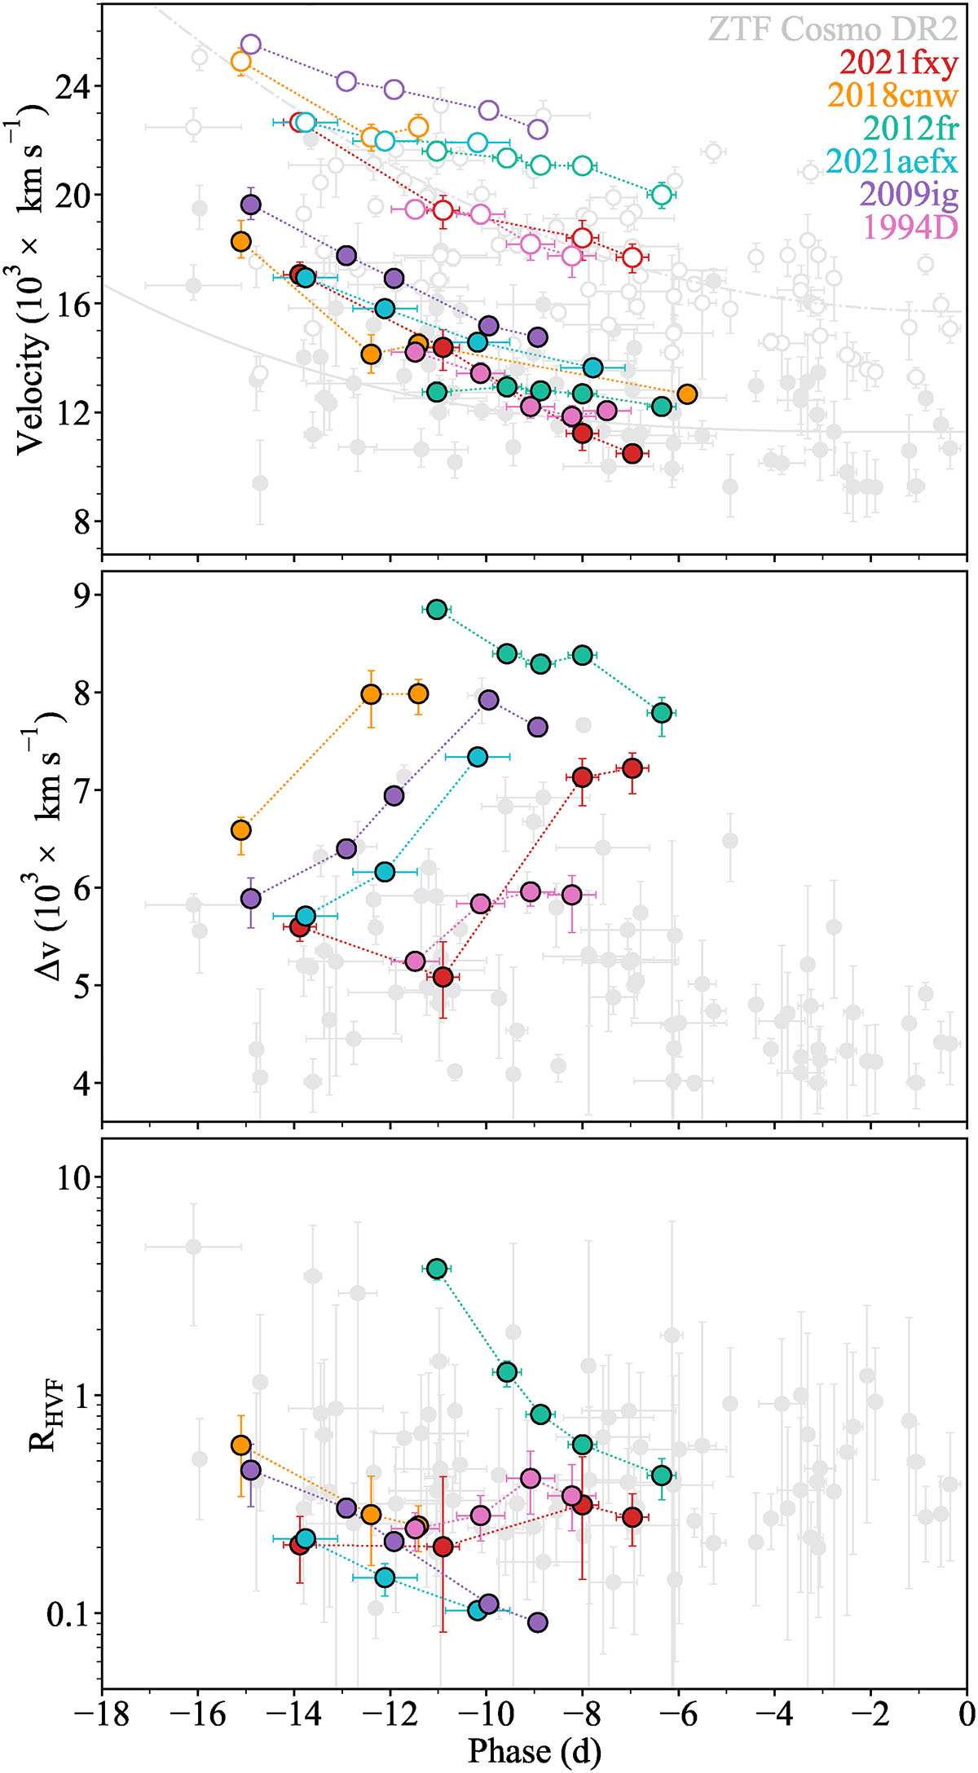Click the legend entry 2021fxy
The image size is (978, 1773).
pos(898,63)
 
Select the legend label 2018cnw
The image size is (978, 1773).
pos(892,95)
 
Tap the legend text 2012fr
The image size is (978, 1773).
pos(910,128)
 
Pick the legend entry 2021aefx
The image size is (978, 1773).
pos(892,161)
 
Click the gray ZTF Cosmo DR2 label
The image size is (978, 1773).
pos(832,29)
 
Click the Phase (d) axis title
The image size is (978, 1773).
pos(534,1751)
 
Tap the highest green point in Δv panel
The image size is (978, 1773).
pos(437,609)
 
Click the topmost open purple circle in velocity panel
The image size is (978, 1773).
pos(251,45)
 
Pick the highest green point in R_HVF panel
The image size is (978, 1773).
pos(437,1269)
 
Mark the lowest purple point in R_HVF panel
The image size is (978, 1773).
pos(537,1622)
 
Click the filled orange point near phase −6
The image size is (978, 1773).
pos(687,394)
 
